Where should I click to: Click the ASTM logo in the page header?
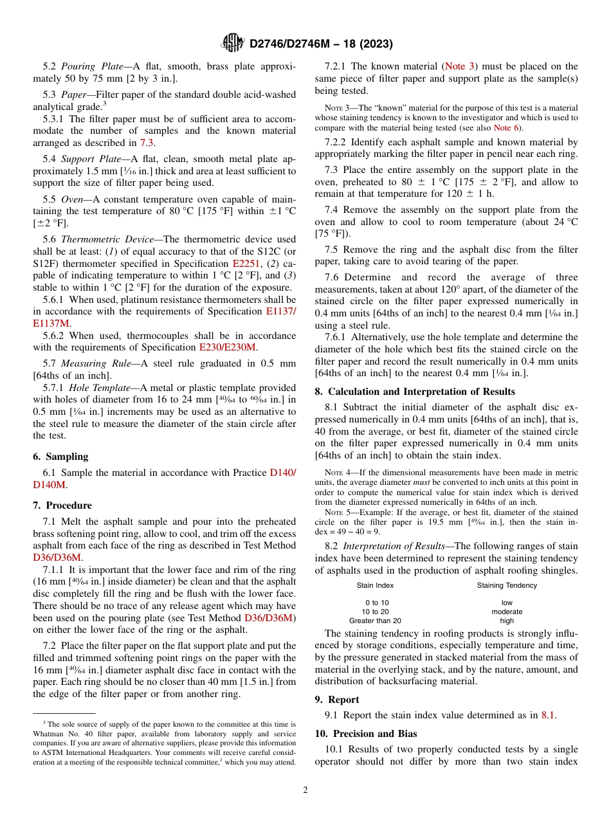pos(232,43)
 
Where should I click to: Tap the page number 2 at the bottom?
pos(305,790)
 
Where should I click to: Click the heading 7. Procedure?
pos(62,505)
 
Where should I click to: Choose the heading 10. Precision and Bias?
pos(365,733)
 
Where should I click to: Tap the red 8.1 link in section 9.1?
pos(549,715)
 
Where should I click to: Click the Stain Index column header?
pos(375,585)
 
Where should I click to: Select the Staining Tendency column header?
pos(507,585)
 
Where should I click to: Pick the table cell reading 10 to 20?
pos(375,612)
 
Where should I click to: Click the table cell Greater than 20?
pos(375,621)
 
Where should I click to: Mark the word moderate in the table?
pos(507,612)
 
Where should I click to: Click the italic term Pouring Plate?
pos(89,66)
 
